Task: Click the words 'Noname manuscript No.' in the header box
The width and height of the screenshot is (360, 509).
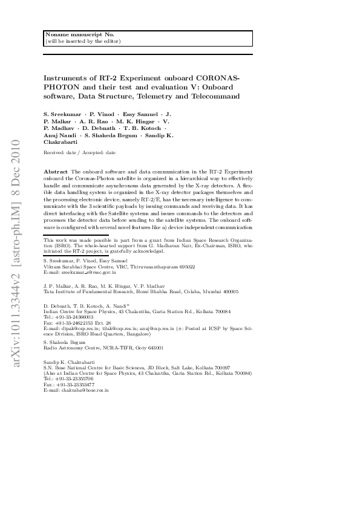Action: (x=71, y=35)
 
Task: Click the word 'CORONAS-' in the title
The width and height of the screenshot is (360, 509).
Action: (x=217, y=79)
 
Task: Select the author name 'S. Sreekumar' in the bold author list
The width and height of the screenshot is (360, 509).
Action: (x=64, y=114)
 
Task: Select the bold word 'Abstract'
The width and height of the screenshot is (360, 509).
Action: (x=56, y=172)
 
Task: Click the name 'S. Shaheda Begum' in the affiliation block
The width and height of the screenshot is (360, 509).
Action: (x=63, y=342)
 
